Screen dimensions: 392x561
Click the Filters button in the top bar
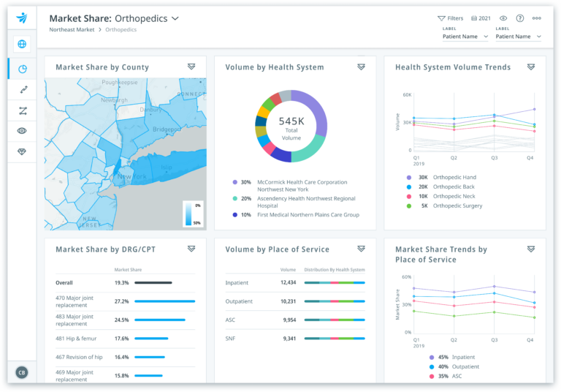(x=450, y=18)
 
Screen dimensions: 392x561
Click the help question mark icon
(x=520, y=18)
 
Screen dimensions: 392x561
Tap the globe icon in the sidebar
(x=22, y=44)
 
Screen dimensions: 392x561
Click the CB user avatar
(x=22, y=372)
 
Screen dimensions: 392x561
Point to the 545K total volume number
(x=291, y=121)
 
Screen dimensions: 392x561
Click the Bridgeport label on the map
(x=167, y=129)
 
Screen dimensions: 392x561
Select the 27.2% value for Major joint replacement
(x=121, y=301)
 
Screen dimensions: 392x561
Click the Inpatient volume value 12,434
(x=288, y=282)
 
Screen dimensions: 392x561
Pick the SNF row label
(x=232, y=339)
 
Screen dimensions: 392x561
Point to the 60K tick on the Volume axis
(x=407, y=95)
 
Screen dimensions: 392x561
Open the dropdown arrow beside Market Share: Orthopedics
(x=175, y=18)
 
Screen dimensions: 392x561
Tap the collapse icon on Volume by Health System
(x=361, y=67)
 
